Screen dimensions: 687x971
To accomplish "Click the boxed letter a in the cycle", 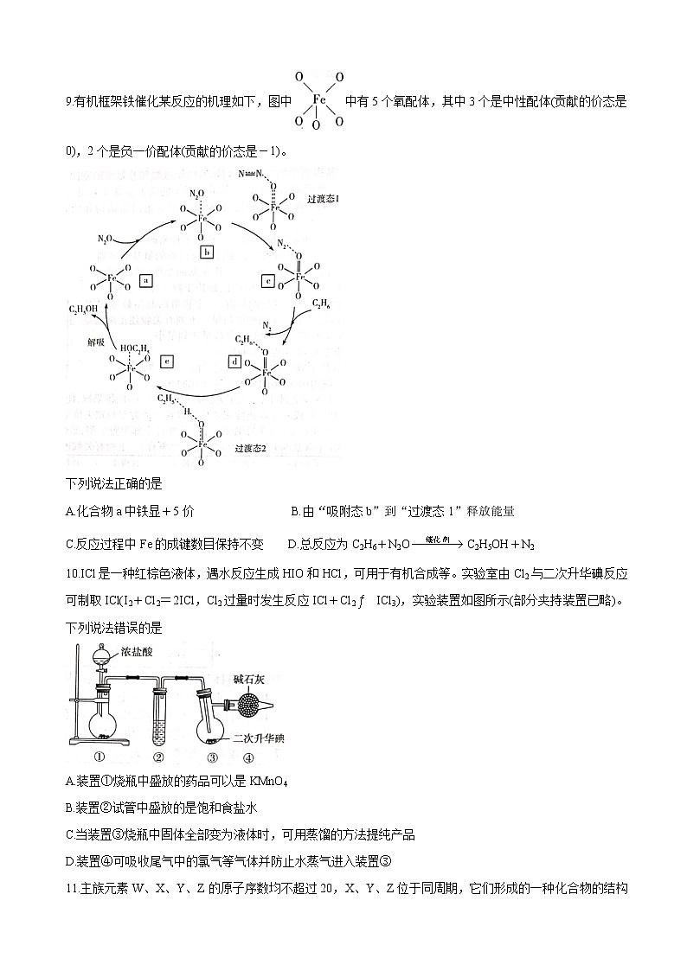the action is click(146, 280).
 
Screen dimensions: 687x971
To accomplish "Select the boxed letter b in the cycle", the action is click(206, 252).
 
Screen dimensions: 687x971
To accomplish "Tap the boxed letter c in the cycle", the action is click(268, 280).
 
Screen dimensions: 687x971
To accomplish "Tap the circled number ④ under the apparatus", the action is click(248, 757).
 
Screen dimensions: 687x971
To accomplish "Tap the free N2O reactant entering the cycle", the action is click(102, 239).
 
